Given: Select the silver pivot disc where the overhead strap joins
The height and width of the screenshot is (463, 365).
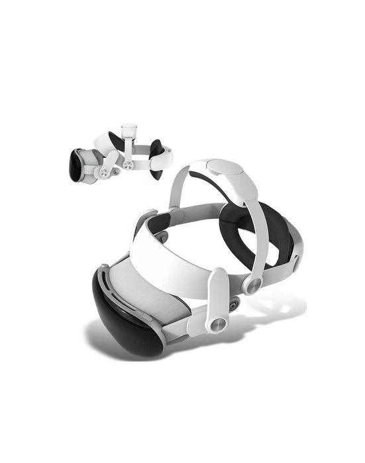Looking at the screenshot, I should tap(252, 285).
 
